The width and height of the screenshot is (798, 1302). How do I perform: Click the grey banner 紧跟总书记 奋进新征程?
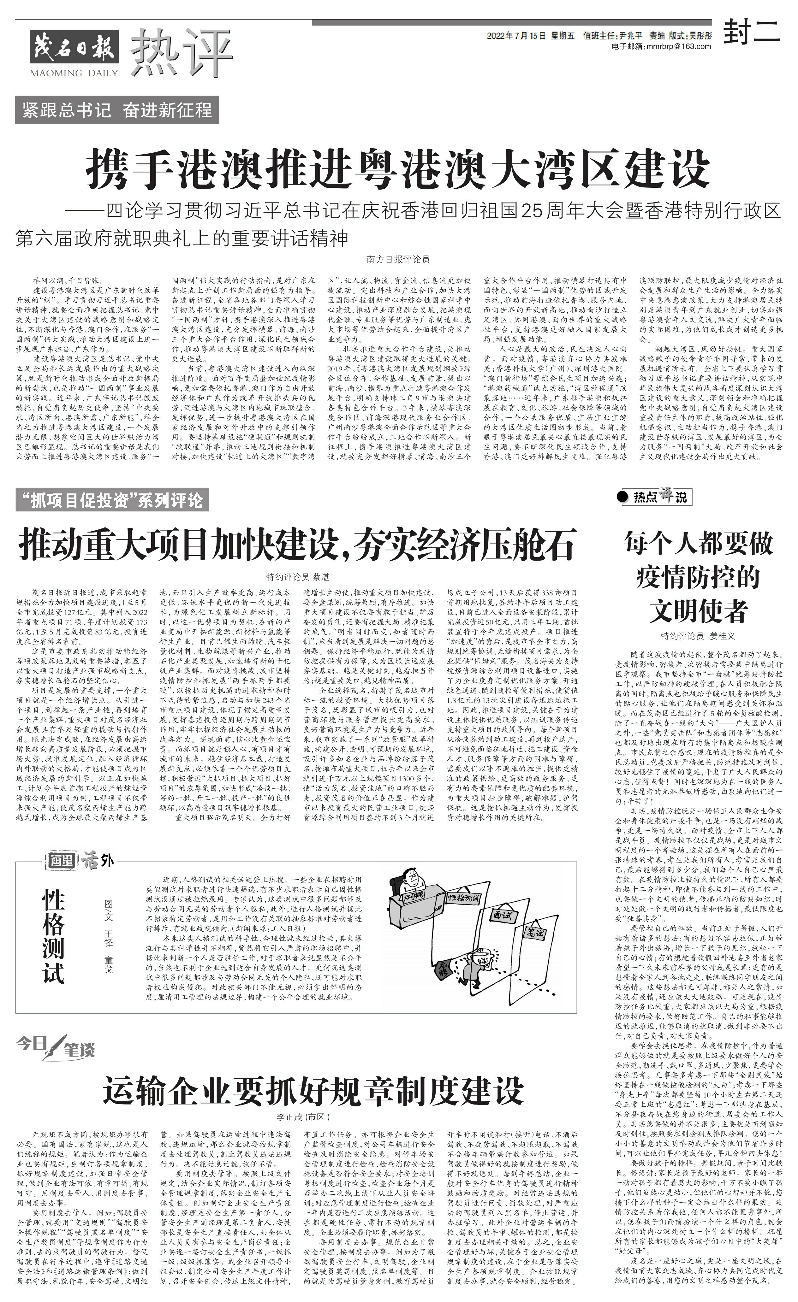coord(117,110)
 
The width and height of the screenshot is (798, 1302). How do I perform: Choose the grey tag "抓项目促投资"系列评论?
coord(112,500)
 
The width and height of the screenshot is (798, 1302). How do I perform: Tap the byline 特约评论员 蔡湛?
coord(297,577)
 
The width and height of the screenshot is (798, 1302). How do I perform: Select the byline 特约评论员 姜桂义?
coord(698,636)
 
